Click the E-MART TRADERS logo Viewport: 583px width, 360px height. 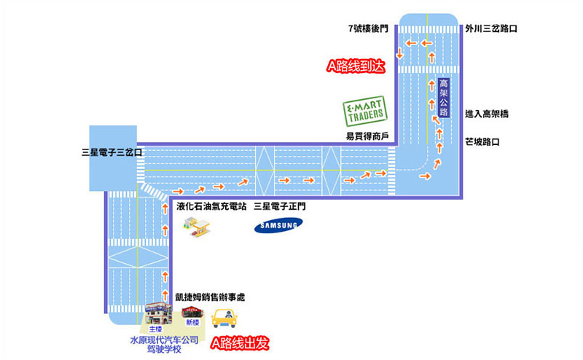365,111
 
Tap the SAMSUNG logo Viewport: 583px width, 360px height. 277,227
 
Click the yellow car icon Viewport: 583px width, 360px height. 225,318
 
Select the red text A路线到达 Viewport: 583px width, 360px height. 355,66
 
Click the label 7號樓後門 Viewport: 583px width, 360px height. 369,29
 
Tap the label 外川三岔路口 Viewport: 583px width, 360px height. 491,29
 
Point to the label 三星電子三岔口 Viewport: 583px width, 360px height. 112,154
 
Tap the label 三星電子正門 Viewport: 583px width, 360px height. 280,207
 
